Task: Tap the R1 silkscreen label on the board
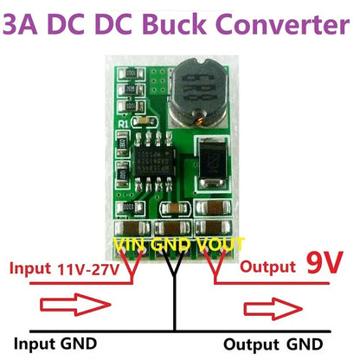[123, 123]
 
